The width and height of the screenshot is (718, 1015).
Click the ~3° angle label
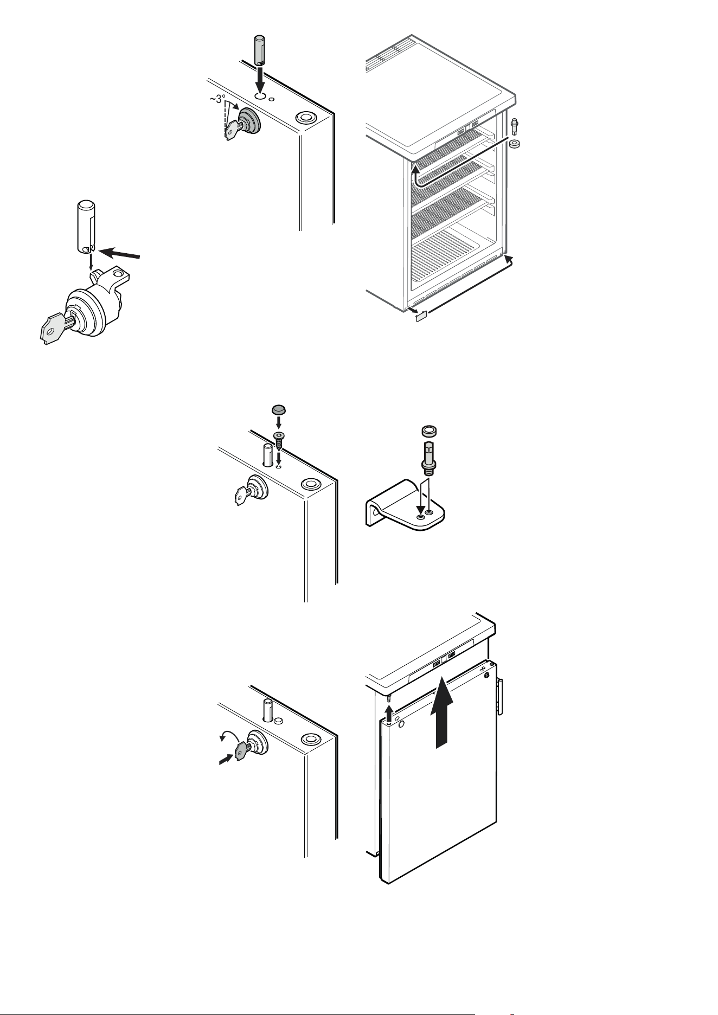click(x=217, y=99)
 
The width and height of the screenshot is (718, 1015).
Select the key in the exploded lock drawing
click(x=55, y=325)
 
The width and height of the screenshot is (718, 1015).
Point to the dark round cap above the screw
click(x=278, y=409)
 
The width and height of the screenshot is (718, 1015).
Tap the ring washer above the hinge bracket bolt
click(x=429, y=432)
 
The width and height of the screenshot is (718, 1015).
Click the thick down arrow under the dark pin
click(x=260, y=80)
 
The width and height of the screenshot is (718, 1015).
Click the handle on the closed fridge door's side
click(x=501, y=697)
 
